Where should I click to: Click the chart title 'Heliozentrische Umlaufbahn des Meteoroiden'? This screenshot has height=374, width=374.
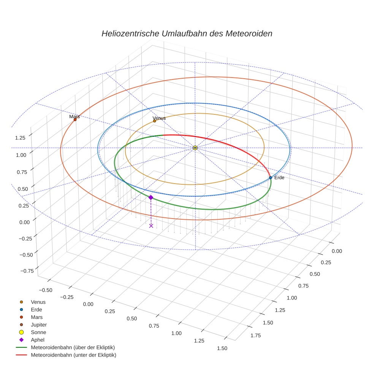click(187, 33)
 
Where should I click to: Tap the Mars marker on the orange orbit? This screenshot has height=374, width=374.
click(75, 120)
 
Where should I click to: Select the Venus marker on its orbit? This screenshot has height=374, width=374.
click(154, 121)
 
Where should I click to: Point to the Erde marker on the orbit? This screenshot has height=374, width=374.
click(270, 177)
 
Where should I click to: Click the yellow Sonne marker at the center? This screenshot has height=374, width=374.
click(195, 147)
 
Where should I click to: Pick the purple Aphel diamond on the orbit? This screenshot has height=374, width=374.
click(151, 197)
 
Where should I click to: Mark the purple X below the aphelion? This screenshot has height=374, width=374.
click(151, 226)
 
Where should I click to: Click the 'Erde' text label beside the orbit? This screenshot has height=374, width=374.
click(279, 177)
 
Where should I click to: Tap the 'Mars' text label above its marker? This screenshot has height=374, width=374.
click(74, 117)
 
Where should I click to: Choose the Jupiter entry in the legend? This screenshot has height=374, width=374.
click(38, 325)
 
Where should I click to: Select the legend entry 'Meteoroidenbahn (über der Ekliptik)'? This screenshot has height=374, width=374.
click(73, 347)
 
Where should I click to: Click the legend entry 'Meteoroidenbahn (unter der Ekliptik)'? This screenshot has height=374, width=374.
click(73, 355)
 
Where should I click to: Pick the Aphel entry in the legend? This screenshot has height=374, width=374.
click(37, 340)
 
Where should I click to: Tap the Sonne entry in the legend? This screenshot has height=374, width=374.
click(38, 332)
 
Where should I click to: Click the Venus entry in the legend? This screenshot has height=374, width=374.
click(38, 302)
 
